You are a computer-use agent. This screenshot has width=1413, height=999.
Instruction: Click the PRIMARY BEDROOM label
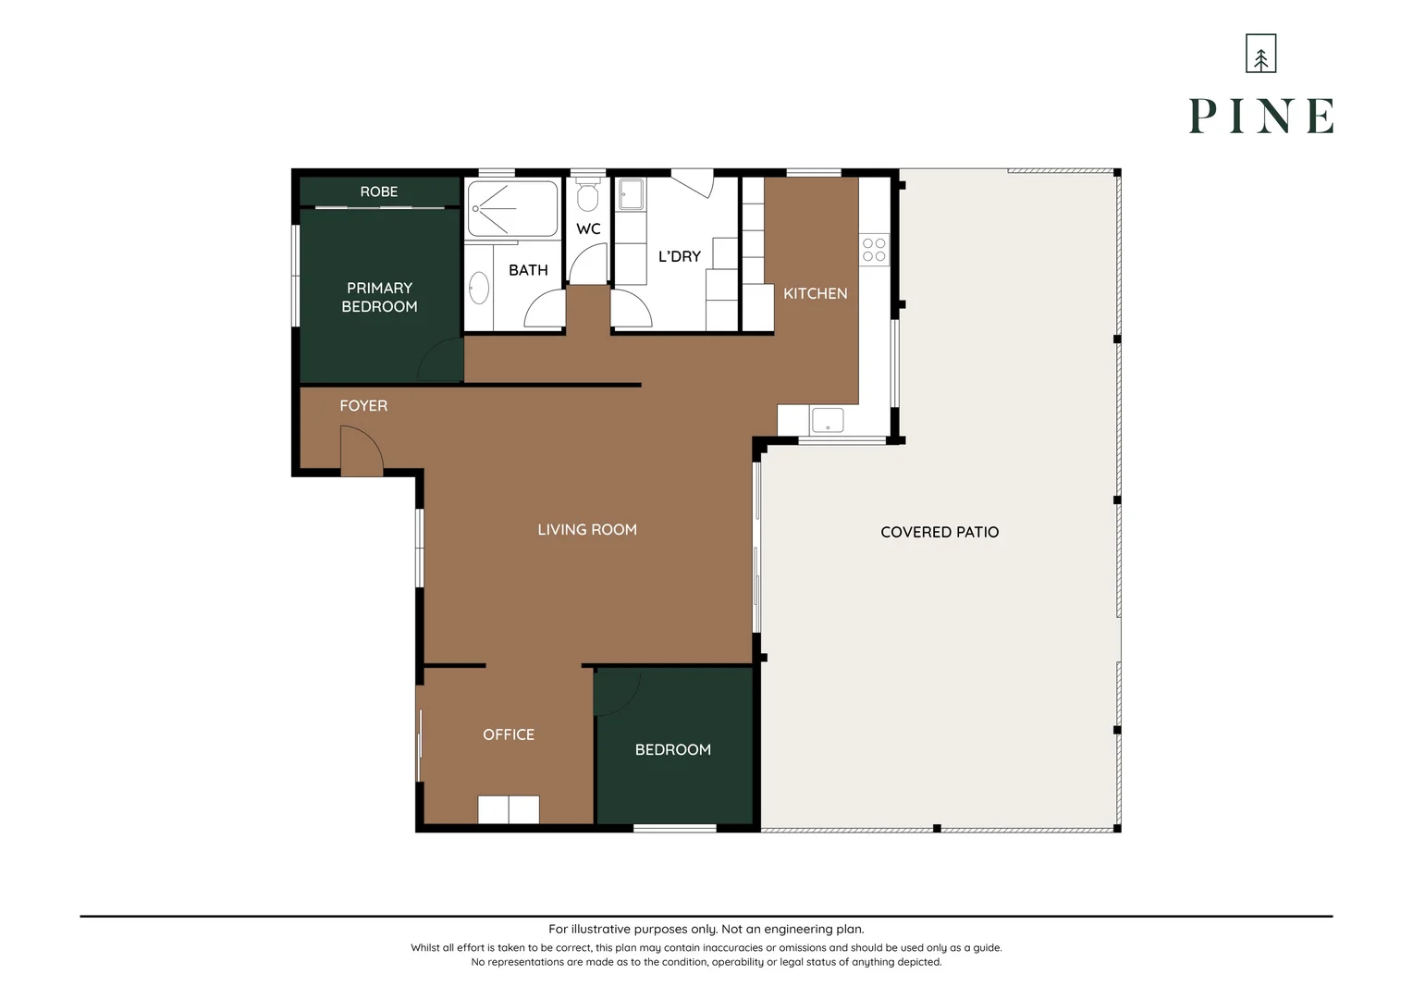click(379, 297)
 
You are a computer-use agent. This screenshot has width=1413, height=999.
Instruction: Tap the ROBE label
click(378, 191)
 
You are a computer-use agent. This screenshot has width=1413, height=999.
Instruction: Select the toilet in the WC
click(587, 196)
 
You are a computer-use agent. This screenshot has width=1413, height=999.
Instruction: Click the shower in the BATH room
click(512, 209)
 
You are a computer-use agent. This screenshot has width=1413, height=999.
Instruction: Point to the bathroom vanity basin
click(479, 288)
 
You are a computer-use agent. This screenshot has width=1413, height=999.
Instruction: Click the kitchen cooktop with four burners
click(874, 250)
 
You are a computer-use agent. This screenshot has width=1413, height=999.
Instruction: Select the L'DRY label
click(680, 256)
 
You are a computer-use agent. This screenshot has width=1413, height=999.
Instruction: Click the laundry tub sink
click(632, 195)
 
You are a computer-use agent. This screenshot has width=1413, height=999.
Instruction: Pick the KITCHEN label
click(815, 293)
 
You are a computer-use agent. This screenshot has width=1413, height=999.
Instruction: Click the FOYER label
click(363, 405)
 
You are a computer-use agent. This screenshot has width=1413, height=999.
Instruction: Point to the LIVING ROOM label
click(587, 529)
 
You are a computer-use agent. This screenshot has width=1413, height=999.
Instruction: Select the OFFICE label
click(509, 734)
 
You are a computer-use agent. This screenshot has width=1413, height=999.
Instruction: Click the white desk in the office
click(509, 809)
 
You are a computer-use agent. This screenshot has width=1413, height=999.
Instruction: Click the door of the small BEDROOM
click(617, 692)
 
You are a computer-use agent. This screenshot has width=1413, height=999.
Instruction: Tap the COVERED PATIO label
click(940, 532)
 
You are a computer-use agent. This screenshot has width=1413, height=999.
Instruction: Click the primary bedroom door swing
click(441, 361)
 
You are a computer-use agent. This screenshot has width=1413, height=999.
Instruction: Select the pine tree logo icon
click(1260, 54)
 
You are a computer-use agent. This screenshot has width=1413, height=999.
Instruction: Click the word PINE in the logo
click(1260, 117)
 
